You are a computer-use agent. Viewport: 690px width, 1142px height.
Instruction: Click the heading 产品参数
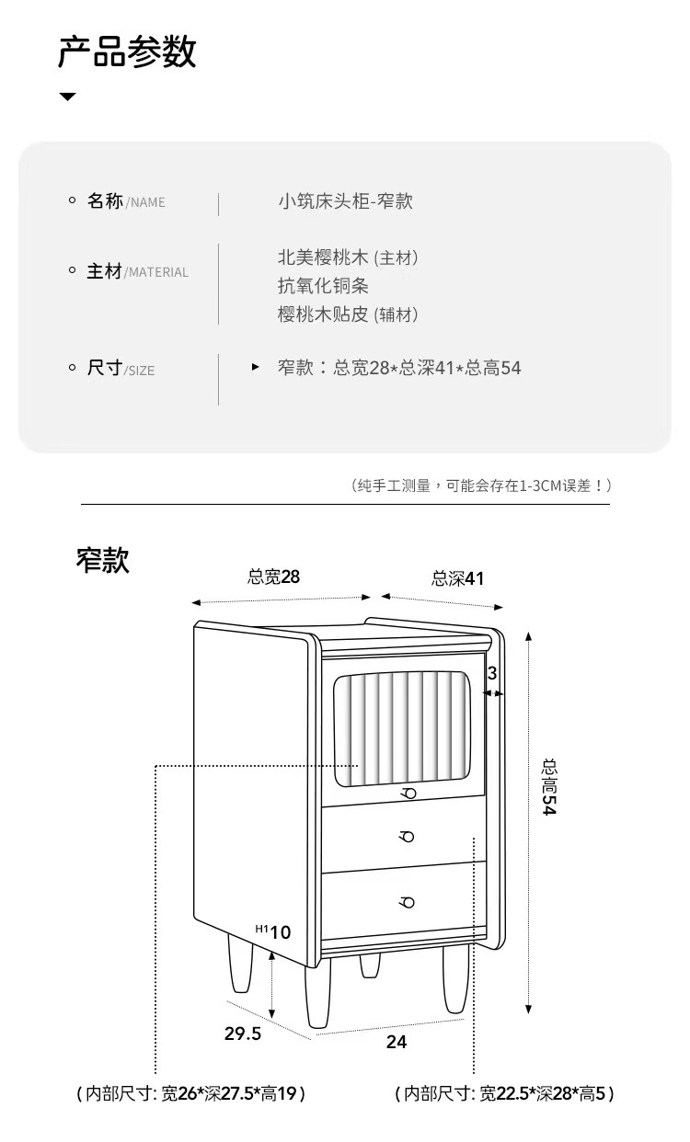127,51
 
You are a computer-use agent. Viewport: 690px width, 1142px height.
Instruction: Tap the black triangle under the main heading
67,97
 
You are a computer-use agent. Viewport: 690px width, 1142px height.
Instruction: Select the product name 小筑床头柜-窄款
345,201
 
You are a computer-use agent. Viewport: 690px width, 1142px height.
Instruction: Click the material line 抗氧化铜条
323,285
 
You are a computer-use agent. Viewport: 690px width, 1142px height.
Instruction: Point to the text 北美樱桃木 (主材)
348,257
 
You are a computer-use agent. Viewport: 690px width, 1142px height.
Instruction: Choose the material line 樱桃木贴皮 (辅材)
348,314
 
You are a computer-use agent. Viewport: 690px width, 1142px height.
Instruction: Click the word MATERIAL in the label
158,273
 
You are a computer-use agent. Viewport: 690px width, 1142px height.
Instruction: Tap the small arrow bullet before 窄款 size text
256,367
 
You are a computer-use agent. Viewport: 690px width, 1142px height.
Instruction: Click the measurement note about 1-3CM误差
481,485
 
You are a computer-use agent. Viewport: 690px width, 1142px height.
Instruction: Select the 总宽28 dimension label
274,577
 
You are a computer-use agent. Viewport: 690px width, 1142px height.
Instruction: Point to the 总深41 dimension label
457,578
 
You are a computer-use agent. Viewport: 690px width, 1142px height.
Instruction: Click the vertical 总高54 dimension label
549,787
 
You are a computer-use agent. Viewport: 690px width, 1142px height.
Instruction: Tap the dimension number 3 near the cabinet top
492,673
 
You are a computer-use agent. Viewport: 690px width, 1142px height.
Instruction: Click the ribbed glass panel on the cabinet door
401,729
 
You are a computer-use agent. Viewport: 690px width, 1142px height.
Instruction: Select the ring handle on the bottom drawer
407,902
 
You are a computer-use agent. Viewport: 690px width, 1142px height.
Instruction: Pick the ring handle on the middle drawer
407,837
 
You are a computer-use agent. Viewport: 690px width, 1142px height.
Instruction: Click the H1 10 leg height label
273,931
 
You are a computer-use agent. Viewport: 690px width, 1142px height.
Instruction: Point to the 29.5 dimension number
243,1034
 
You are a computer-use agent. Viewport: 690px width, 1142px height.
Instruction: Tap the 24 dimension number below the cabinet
397,1042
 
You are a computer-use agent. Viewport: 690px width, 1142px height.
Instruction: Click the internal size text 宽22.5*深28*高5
543,1093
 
